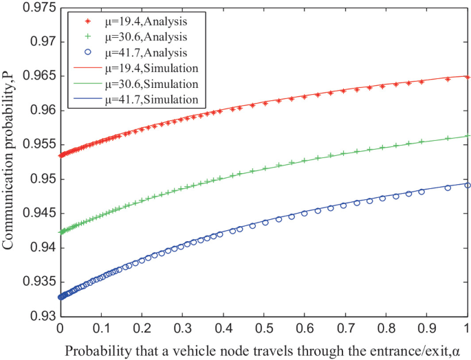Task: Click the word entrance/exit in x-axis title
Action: pyautogui.click(x=410, y=350)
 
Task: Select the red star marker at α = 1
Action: pyautogui.click(x=468, y=77)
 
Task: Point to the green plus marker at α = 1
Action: pyautogui.click(x=468, y=136)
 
